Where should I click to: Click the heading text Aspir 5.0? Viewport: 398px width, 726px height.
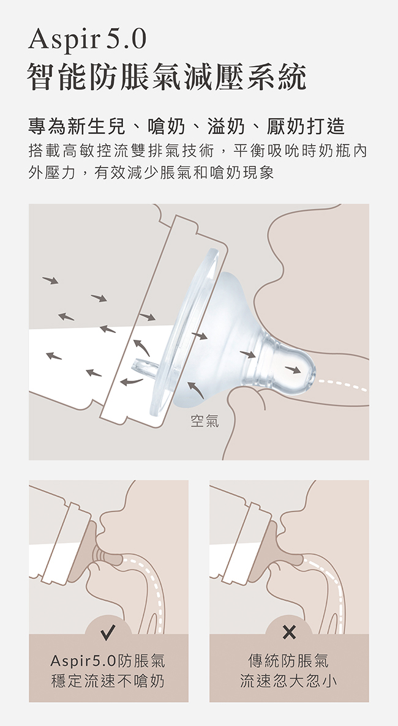click(87, 40)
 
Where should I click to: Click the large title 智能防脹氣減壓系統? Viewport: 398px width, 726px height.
click(167, 77)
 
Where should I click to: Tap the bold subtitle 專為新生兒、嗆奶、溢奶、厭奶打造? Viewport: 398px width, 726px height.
click(187, 126)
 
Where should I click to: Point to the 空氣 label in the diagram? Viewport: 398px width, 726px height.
click(205, 421)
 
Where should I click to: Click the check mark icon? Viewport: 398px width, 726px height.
click(108, 632)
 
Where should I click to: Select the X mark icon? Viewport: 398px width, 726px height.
click(289, 632)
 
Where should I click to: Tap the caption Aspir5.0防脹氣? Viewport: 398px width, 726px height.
click(108, 661)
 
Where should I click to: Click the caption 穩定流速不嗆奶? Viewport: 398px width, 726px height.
click(108, 681)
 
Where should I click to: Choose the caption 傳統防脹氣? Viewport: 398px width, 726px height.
click(288, 661)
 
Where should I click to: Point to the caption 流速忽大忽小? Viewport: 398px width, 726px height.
click(288, 681)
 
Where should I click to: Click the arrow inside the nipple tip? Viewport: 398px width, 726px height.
click(293, 370)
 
